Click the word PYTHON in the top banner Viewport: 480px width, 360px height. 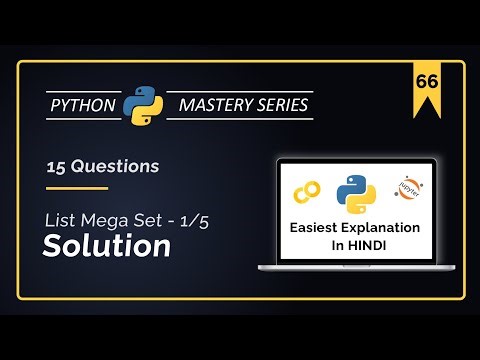(85, 105)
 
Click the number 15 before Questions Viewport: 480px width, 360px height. (56, 166)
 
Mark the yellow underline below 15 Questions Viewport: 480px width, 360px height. (77, 187)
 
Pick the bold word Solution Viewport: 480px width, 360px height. (106, 246)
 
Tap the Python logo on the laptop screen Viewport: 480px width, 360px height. (356, 191)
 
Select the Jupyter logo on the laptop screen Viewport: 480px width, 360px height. (409, 188)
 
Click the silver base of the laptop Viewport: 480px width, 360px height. (357, 268)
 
